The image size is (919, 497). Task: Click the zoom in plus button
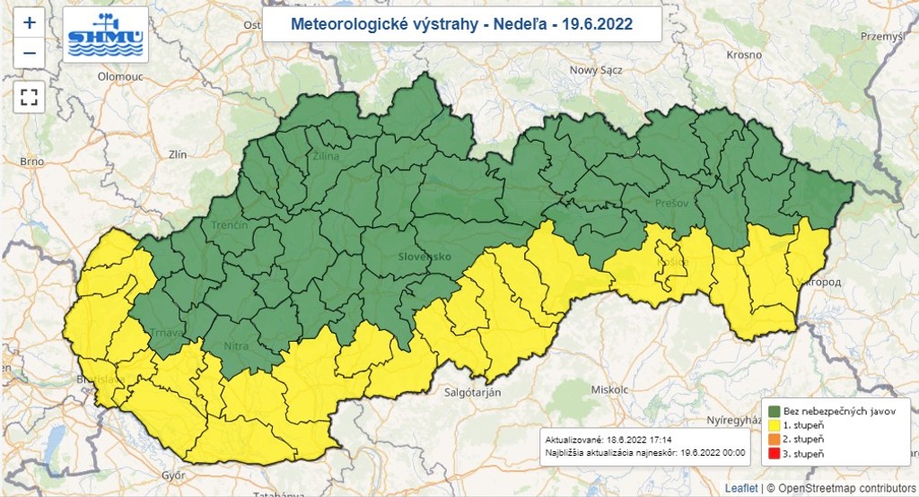(x=30, y=22)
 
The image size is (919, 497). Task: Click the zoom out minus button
(x=30, y=53)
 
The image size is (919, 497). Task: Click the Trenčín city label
(x=230, y=225)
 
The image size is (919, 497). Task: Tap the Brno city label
(x=31, y=161)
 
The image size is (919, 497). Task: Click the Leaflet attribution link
(x=740, y=488)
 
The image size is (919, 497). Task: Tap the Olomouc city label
(x=120, y=77)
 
